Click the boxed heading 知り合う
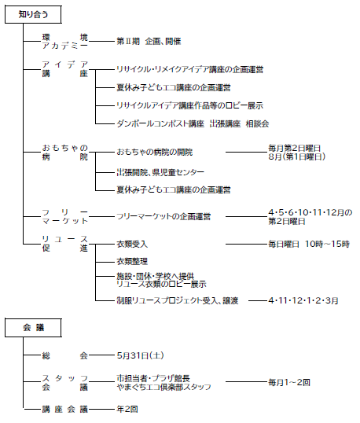pos(33,14)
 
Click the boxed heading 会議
pos(33,328)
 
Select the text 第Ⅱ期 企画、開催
pos(149,41)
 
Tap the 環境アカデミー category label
pos(65,41)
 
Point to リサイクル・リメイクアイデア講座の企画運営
pos(190,70)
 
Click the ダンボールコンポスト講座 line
pos(193,123)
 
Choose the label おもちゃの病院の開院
pos(155,153)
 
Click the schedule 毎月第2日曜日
pos(294,148)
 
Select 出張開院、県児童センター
pos(160,172)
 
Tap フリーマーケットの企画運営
pos(163,217)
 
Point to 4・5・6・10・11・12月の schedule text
pos(310,212)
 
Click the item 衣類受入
pos(132,245)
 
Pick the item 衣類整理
pos(132,261)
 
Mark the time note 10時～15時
pos(327,245)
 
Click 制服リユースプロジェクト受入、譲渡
pos(178,300)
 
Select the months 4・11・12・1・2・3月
pos(303,300)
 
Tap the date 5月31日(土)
pos(140,355)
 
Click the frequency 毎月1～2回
pos(289,382)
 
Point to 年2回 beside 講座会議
pos(127,410)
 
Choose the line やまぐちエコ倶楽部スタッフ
pos(163,387)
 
